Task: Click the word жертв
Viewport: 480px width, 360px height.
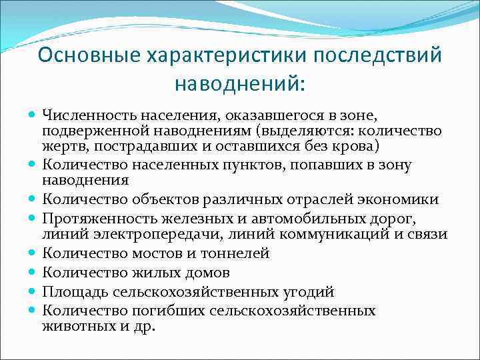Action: click(x=59, y=146)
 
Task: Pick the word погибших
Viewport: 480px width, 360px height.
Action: click(x=171, y=310)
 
